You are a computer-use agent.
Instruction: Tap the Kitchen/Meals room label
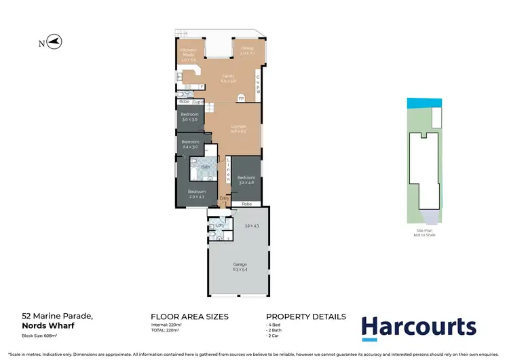click(188, 51)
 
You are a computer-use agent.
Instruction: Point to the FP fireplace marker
click(240, 98)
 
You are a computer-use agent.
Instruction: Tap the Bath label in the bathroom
click(204, 166)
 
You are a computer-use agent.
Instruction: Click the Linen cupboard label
click(229, 170)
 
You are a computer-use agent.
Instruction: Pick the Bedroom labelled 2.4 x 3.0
click(191, 143)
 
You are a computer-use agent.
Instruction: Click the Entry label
click(224, 198)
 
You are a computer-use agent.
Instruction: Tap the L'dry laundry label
click(219, 225)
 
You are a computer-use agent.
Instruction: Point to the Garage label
click(240, 264)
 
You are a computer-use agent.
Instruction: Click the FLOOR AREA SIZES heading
click(189, 317)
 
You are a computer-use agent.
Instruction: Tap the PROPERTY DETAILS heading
click(305, 317)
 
